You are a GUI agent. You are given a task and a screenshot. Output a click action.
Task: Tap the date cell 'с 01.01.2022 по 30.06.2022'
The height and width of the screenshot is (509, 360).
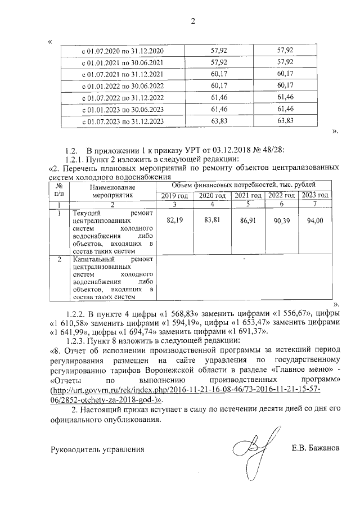tap(123, 86)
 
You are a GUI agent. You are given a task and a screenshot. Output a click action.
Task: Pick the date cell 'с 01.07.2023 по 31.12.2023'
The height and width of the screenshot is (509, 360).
tap(123, 121)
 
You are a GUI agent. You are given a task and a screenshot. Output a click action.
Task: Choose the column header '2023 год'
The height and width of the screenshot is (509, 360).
tap(315, 195)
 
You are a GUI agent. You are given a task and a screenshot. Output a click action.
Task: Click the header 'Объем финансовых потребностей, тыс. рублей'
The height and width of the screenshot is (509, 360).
tap(243, 184)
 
